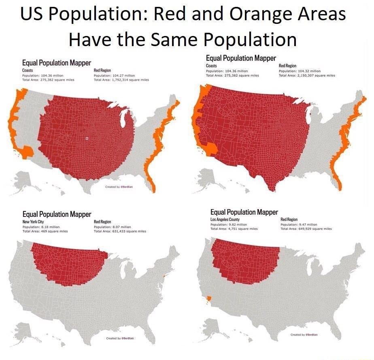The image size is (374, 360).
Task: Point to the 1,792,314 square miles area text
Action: [121, 80]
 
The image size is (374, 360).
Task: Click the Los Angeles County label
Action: [223, 219]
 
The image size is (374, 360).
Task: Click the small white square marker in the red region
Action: [87, 138]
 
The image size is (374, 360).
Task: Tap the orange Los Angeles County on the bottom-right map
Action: [209, 299]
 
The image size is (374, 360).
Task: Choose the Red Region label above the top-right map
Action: [287, 66]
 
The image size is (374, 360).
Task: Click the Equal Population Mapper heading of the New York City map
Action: [57, 214]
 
